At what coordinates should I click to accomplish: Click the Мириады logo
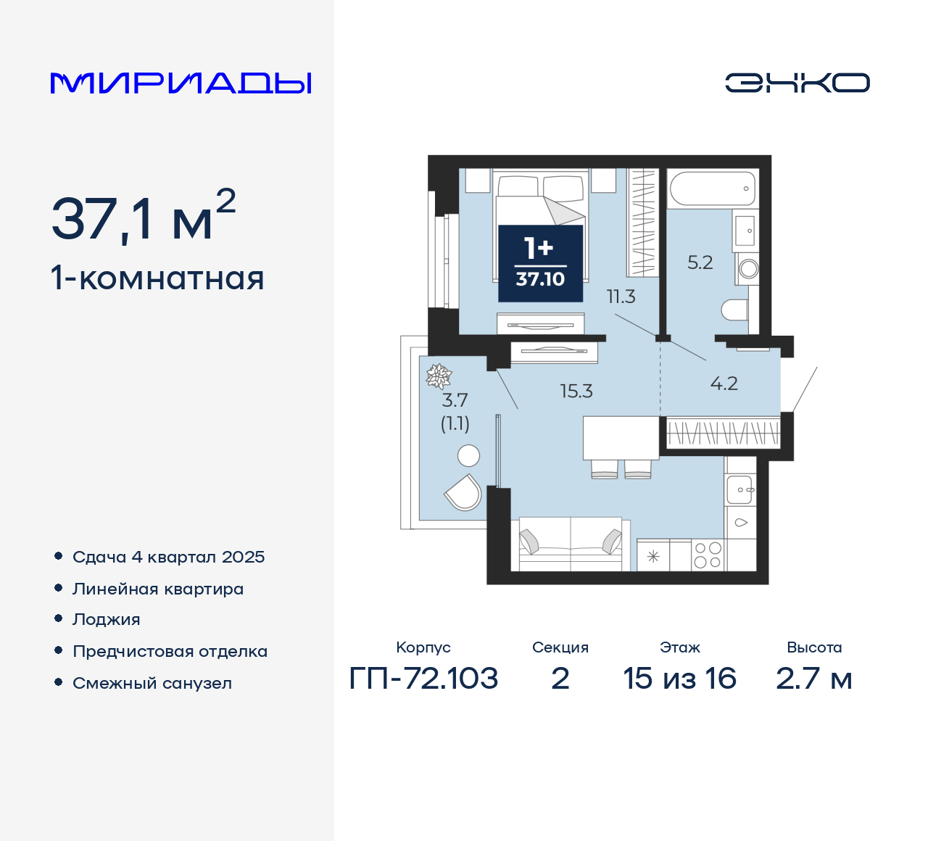pos(181,83)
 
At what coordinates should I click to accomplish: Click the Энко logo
pos(797,83)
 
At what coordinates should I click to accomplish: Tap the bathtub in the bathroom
pos(712,188)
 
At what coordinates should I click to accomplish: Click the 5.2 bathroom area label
pos(700,262)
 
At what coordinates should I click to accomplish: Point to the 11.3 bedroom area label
pos(621,296)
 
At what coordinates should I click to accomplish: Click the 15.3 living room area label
pos(576,391)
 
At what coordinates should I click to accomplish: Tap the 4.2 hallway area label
pos(724,384)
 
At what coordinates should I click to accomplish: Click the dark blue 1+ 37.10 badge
pos(540,263)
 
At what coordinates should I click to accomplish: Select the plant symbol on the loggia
pos(439,376)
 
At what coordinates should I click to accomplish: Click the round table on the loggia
pos(469,455)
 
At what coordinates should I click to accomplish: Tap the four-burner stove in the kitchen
pos(708,555)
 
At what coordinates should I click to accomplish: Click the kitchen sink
pos(741,490)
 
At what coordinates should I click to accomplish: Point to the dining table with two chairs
pos(621,438)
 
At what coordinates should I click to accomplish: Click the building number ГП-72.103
pos(423,679)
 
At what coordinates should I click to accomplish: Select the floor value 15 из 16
pos(679,679)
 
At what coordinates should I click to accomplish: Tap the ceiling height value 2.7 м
pos(813,679)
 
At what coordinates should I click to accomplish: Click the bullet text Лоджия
pos(107,620)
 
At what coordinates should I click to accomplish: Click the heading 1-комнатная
pos(157,278)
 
